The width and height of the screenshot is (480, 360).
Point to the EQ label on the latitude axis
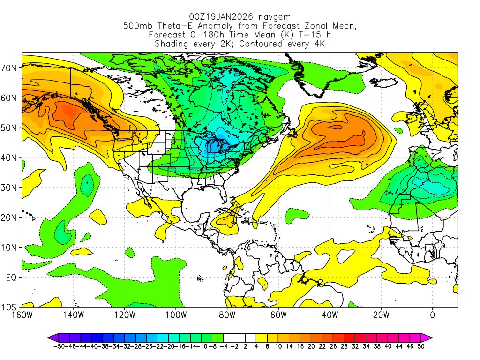(11, 277)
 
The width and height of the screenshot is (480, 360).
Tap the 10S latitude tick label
(9, 307)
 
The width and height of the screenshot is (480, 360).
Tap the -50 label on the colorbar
(59, 346)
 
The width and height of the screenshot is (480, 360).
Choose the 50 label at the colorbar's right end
(421, 346)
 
